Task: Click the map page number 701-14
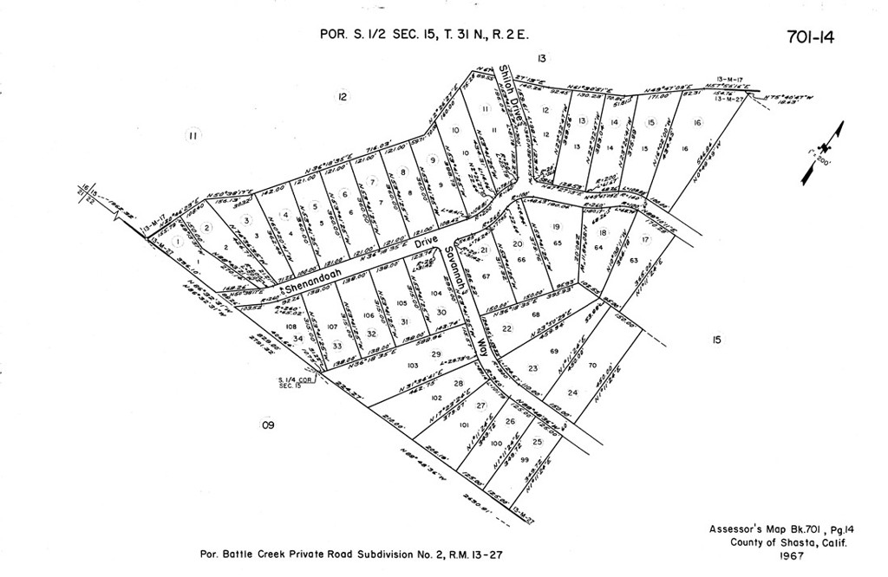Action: [x=809, y=37]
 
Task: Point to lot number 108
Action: [x=291, y=327]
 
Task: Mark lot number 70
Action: [x=592, y=366]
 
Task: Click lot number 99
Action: [x=525, y=459]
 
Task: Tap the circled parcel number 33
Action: [x=337, y=346]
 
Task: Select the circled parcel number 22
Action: [x=507, y=328]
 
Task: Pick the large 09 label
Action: [x=268, y=425]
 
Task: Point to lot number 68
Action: [x=536, y=314]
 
